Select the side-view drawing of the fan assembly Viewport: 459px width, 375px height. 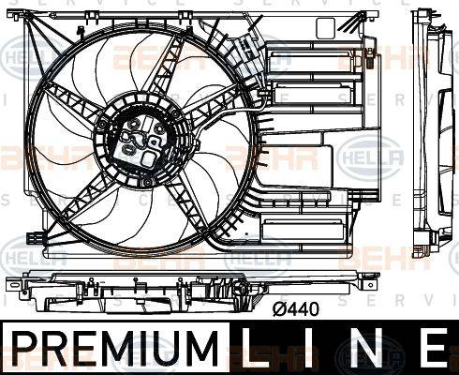(x=432, y=141)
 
